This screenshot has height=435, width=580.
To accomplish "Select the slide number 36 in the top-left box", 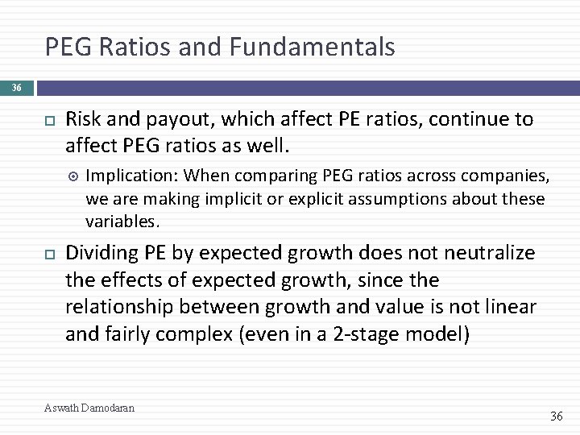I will (x=17, y=88).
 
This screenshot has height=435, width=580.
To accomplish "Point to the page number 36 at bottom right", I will (x=556, y=416).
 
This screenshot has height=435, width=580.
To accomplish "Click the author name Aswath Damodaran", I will (x=89, y=408).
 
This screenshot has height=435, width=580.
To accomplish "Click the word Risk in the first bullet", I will (x=83, y=120).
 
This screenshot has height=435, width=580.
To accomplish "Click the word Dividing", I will (x=101, y=253).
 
